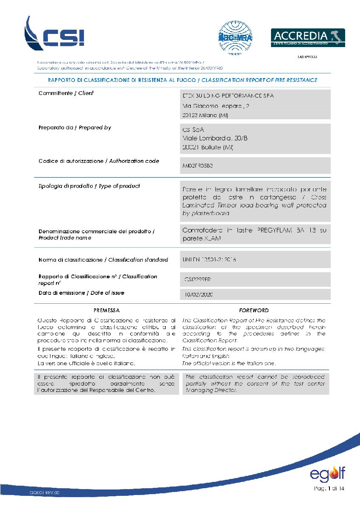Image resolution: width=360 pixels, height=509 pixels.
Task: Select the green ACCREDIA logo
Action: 307,37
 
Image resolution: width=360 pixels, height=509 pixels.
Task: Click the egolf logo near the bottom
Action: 327,473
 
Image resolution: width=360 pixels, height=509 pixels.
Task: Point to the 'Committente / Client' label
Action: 66,93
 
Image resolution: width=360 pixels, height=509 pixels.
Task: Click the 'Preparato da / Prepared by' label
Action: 75,128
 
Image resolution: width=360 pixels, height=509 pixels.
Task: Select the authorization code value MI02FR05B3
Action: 197,166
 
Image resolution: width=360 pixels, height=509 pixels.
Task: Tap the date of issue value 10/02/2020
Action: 199,294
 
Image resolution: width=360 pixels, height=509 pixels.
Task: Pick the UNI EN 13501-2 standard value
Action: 209,260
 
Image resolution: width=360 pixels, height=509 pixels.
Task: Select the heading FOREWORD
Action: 254,310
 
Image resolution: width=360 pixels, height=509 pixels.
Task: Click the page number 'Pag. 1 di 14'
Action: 330,489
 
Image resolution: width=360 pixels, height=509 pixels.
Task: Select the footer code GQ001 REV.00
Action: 45,493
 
